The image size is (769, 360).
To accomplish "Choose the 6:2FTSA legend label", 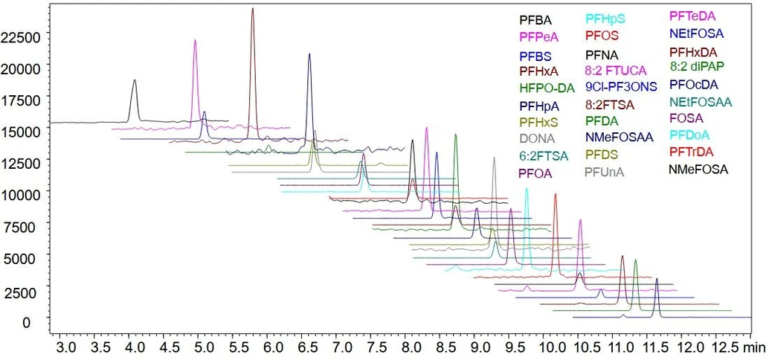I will (x=543, y=155).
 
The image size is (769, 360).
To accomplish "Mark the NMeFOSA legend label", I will (x=698, y=170).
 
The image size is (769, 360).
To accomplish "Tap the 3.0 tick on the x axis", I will (x=66, y=347).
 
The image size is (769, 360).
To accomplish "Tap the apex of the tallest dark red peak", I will (x=253, y=9).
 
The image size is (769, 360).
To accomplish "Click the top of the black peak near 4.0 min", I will (x=135, y=80).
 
